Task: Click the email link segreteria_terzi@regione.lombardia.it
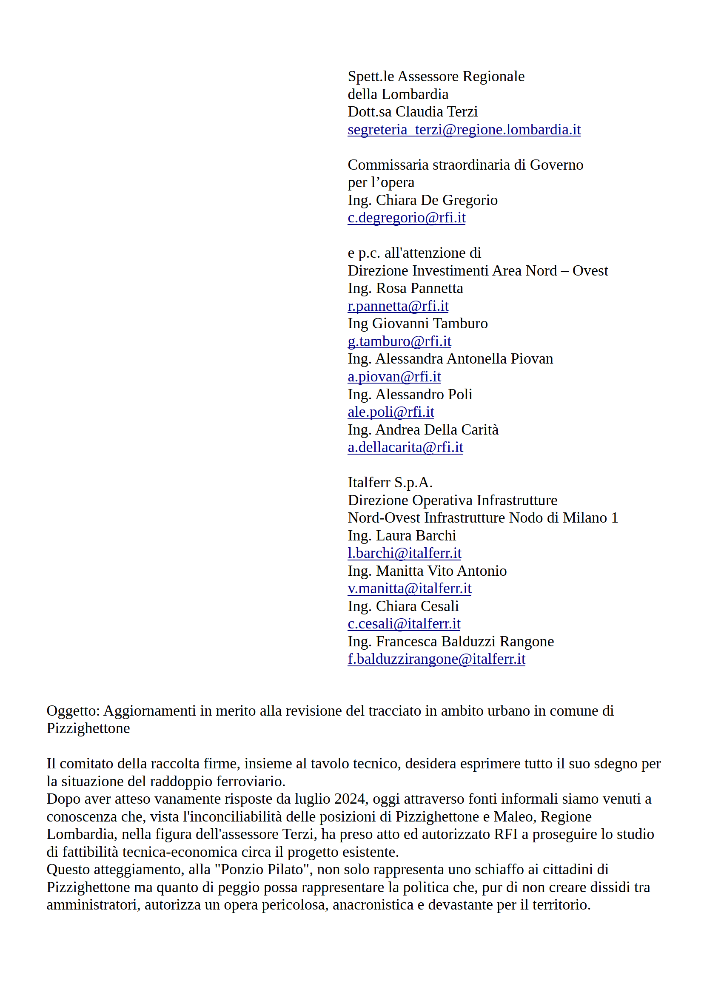click(x=464, y=130)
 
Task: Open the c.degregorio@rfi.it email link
click(x=406, y=218)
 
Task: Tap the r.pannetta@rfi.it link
click(x=398, y=306)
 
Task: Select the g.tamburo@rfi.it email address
click(x=399, y=341)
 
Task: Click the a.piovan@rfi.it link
click(x=394, y=377)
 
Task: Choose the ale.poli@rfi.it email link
click(x=390, y=412)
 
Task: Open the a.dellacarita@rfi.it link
click(x=405, y=447)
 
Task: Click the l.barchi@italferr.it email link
click(x=405, y=553)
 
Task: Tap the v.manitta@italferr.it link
click(x=409, y=588)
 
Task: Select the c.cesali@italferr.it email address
click(x=404, y=624)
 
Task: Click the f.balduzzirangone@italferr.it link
click(x=436, y=659)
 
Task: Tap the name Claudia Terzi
click(x=436, y=112)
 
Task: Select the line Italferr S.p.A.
click(x=390, y=483)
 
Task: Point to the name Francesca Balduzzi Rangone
click(x=465, y=641)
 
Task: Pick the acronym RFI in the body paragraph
click(x=505, y=834)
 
